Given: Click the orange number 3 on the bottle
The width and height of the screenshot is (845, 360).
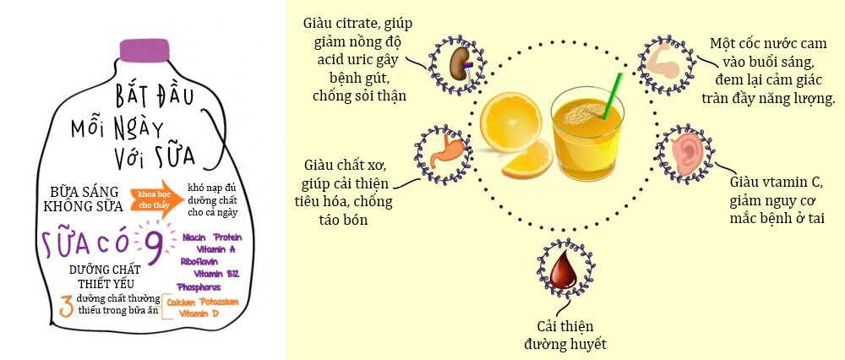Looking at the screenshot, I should tap(65, 305).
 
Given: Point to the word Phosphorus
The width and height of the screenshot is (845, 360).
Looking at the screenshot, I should tap(199, 287).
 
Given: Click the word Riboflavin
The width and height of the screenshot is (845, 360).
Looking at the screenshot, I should tap(203, 262).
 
